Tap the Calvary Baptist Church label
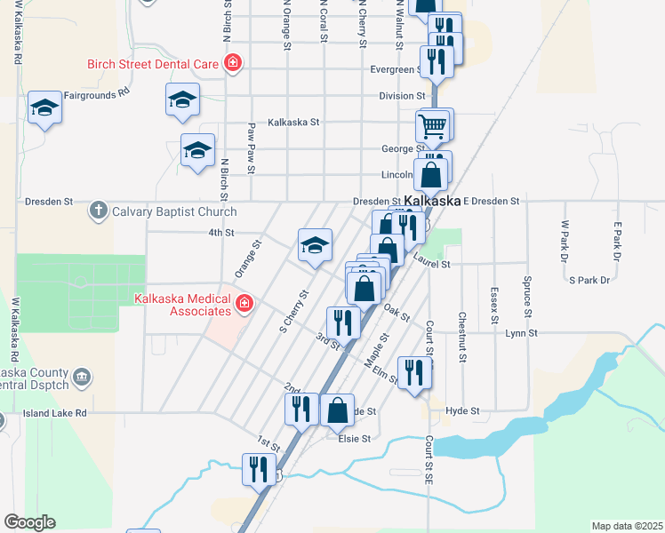click(x=174, y=211)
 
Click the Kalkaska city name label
click(x=433, y=201)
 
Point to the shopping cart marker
click(x=432, y=125)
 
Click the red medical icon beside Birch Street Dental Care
click(x=233, y=63)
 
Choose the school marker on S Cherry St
click(x=314, y=245)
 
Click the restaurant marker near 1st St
click(x=260, y=468)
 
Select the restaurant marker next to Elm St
click(x=413, y=372)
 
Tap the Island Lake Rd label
click(x=55, y=413)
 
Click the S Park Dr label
click(x=589, y=281)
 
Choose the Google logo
click(x=29, y=522)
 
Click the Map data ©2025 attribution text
click(x=627, y=526)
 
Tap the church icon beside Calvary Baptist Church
click(x=98, y=211)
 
